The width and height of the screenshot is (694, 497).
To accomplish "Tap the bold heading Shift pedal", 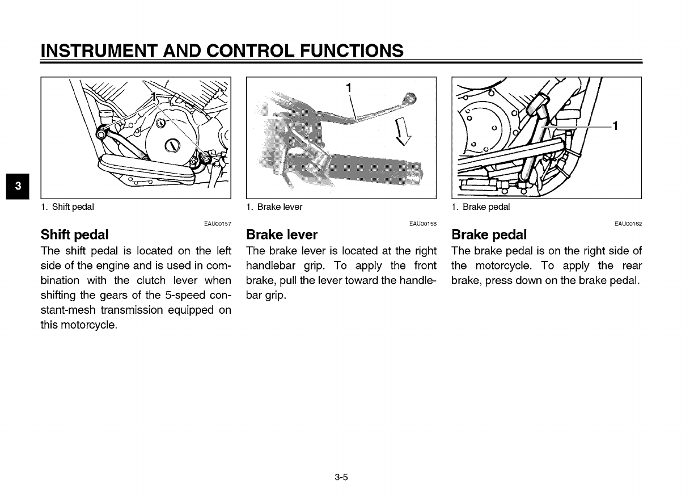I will point(74,234).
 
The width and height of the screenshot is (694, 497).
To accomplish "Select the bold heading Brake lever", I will point(282,234).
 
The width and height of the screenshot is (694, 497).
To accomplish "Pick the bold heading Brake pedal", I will point(489,234).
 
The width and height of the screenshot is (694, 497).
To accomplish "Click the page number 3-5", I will point(341,477).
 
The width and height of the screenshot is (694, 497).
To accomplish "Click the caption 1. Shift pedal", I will point(67,207).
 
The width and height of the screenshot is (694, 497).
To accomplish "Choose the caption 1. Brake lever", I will point(274,207).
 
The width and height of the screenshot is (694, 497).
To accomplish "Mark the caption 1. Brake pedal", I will point(481,207).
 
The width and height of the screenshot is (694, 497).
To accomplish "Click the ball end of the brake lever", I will point(410,98).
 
